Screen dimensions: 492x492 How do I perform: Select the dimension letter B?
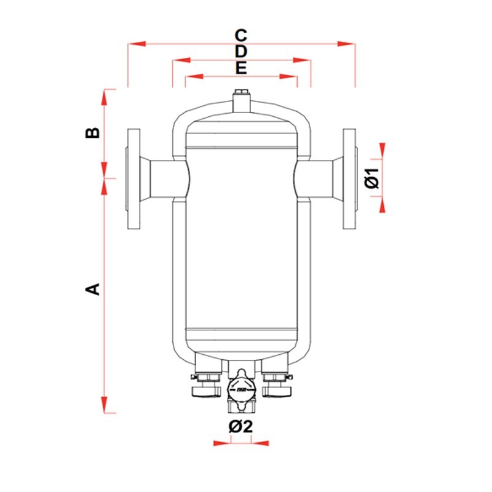coord(92,133)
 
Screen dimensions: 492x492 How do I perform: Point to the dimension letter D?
coord(241,51)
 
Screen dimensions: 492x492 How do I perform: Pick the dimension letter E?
coord(241,68)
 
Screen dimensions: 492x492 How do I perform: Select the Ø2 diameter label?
coord(240,426)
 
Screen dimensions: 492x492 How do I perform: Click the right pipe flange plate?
coord(349,179)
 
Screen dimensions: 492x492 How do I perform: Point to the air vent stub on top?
coord(240,101)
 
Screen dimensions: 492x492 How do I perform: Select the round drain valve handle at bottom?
coord(240,388)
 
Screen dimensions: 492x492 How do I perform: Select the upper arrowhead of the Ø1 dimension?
coord(383,150)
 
